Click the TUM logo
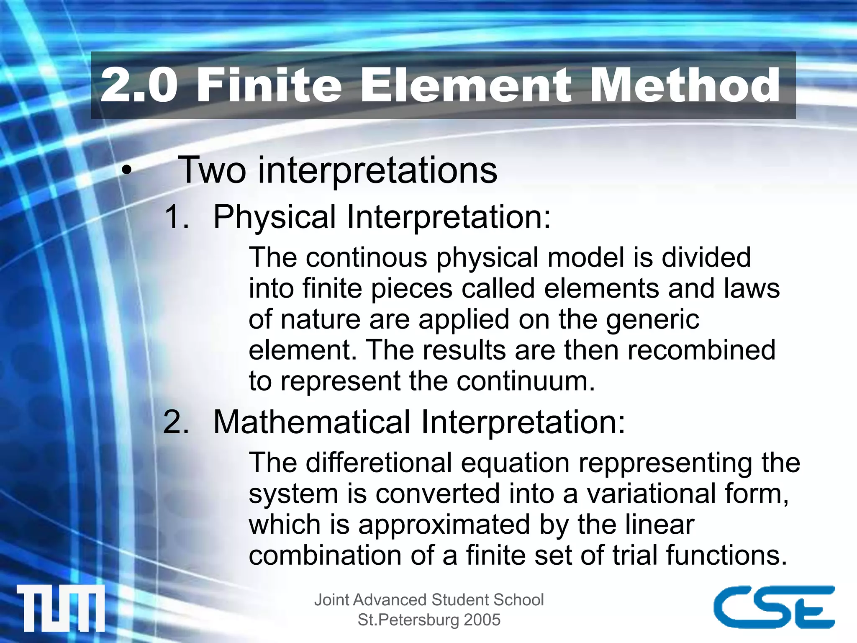click(61, 608)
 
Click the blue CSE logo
click(774, 607)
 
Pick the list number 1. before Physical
click(177, 217)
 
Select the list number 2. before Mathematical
click(176, 422)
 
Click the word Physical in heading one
click(275, 217)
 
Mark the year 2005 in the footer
click(482, 620)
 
